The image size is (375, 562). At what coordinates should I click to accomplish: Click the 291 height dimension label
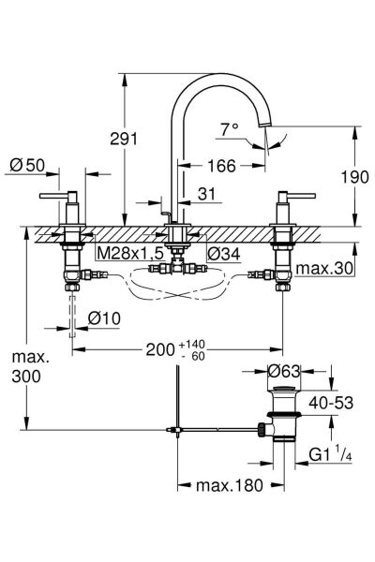(124, 139)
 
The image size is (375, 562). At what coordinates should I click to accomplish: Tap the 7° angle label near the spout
(230, 128)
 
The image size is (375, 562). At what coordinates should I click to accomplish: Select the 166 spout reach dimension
(222, 166)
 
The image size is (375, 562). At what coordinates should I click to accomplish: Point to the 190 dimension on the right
(354, 177)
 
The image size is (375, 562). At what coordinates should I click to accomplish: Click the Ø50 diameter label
(27, 165)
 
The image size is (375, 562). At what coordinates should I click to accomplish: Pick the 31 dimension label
(207, 194)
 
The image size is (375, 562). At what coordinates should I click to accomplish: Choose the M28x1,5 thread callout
(130, 254)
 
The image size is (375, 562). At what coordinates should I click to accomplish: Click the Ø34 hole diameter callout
(223, 254)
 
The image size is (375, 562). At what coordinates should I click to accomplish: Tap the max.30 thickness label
(324, 268)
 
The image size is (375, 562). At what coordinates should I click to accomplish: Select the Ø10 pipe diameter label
(104, 318)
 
